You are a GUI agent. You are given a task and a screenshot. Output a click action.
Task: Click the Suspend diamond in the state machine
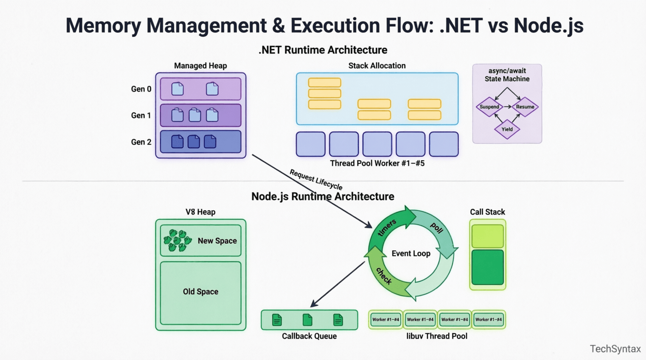click(489, 107)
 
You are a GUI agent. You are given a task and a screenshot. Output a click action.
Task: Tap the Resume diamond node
click(525, 107)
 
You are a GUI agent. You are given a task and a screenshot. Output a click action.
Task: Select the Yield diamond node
click(507, 129)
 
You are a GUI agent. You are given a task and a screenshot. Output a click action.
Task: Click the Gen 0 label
click(141, 89)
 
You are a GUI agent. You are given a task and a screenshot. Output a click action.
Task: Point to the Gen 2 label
click(141, 142)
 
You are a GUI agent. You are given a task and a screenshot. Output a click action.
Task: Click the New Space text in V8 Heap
click(217, 241)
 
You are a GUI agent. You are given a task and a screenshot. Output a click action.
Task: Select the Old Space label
click(201, 292)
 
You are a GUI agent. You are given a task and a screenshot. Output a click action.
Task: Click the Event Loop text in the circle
click(411, 254)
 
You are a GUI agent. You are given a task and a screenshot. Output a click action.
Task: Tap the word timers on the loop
click(387, 227)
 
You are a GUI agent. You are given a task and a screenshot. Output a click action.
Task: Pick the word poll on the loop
click(437, 228)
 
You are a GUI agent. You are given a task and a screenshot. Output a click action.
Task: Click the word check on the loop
click(384, 276)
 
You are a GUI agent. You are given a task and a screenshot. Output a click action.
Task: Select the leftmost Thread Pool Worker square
click(311, 144)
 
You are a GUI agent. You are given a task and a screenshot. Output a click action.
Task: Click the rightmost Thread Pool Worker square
click(444, 144)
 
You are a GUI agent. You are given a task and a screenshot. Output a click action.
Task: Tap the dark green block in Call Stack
click(488, 267)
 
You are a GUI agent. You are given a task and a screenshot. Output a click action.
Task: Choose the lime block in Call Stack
click(488, 236)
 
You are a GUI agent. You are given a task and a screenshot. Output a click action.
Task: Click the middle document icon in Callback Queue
click(307, 320)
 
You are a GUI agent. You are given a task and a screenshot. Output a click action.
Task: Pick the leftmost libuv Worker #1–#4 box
click(386, 320)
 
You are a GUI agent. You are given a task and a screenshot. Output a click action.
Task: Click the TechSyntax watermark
click(615, 349)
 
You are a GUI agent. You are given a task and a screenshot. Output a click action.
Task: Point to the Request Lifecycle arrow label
click(316, 180)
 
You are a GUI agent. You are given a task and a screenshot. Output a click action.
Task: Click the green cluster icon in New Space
click(177, 241)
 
